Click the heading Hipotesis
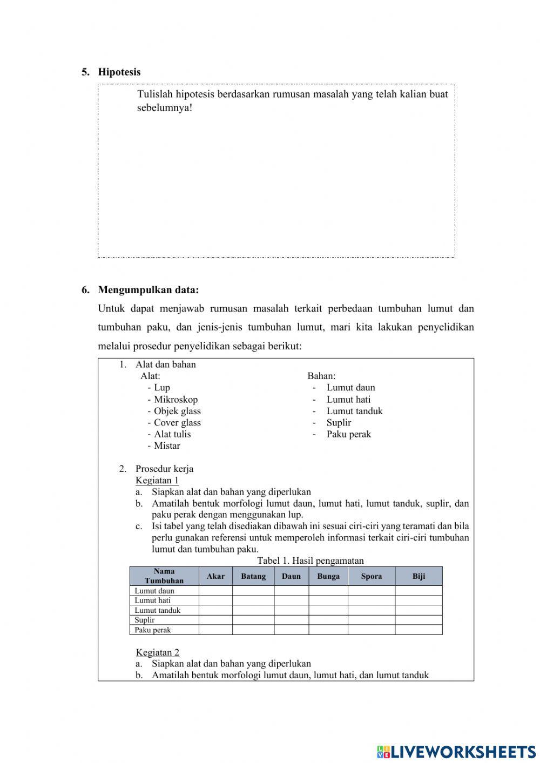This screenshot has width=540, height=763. [x=119, y=72]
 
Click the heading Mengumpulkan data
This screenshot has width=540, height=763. [x=148, y=290]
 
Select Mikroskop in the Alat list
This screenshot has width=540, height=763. [x=175, y=400]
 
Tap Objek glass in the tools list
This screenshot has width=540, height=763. [x=177, y=411]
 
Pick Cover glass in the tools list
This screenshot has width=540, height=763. [x=177, y=423]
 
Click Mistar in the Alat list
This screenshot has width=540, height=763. [x=167, y=446]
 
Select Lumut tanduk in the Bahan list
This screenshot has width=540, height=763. [x=354, y=411]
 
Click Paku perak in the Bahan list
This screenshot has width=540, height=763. [x=348, y=434]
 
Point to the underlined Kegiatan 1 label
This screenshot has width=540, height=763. [x=157, y=481]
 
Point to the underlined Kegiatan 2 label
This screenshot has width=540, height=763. [x=157, y=652]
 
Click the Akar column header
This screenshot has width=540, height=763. [x=215, y=576]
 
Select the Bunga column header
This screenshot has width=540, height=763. [x=328, y=576]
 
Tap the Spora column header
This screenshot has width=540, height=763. [x=372, y=576]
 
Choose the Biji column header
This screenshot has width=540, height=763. [x=418, y=576]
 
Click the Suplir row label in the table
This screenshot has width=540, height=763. [x=145, y=620]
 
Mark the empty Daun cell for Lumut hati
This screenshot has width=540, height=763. [x=291, y=600]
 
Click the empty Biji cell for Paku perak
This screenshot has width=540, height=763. [x=418, y=630]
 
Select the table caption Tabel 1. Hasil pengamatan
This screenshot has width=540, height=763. [x=310, y=561]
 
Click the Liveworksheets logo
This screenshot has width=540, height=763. [x=456, y=751]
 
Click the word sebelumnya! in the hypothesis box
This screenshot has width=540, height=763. [x=165, y=108]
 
